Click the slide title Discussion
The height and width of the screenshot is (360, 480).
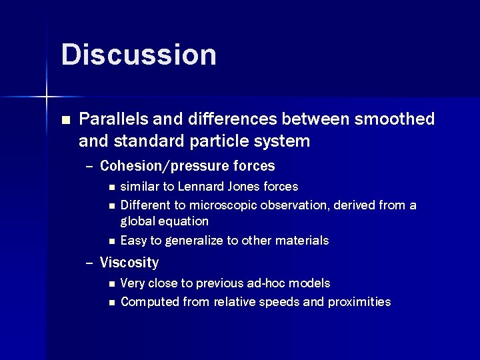click(x=139, y=55)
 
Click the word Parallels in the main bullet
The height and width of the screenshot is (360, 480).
click(x=113, y=119)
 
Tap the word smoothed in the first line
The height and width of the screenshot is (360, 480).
click(x=395, y=119)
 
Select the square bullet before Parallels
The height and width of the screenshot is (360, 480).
click(x=65, y=120)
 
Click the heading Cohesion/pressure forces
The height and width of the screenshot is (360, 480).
click(x=187, y=165)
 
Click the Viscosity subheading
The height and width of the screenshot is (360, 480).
click(x=129, y=263)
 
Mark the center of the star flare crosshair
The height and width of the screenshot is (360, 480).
click(x=47, y=97)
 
